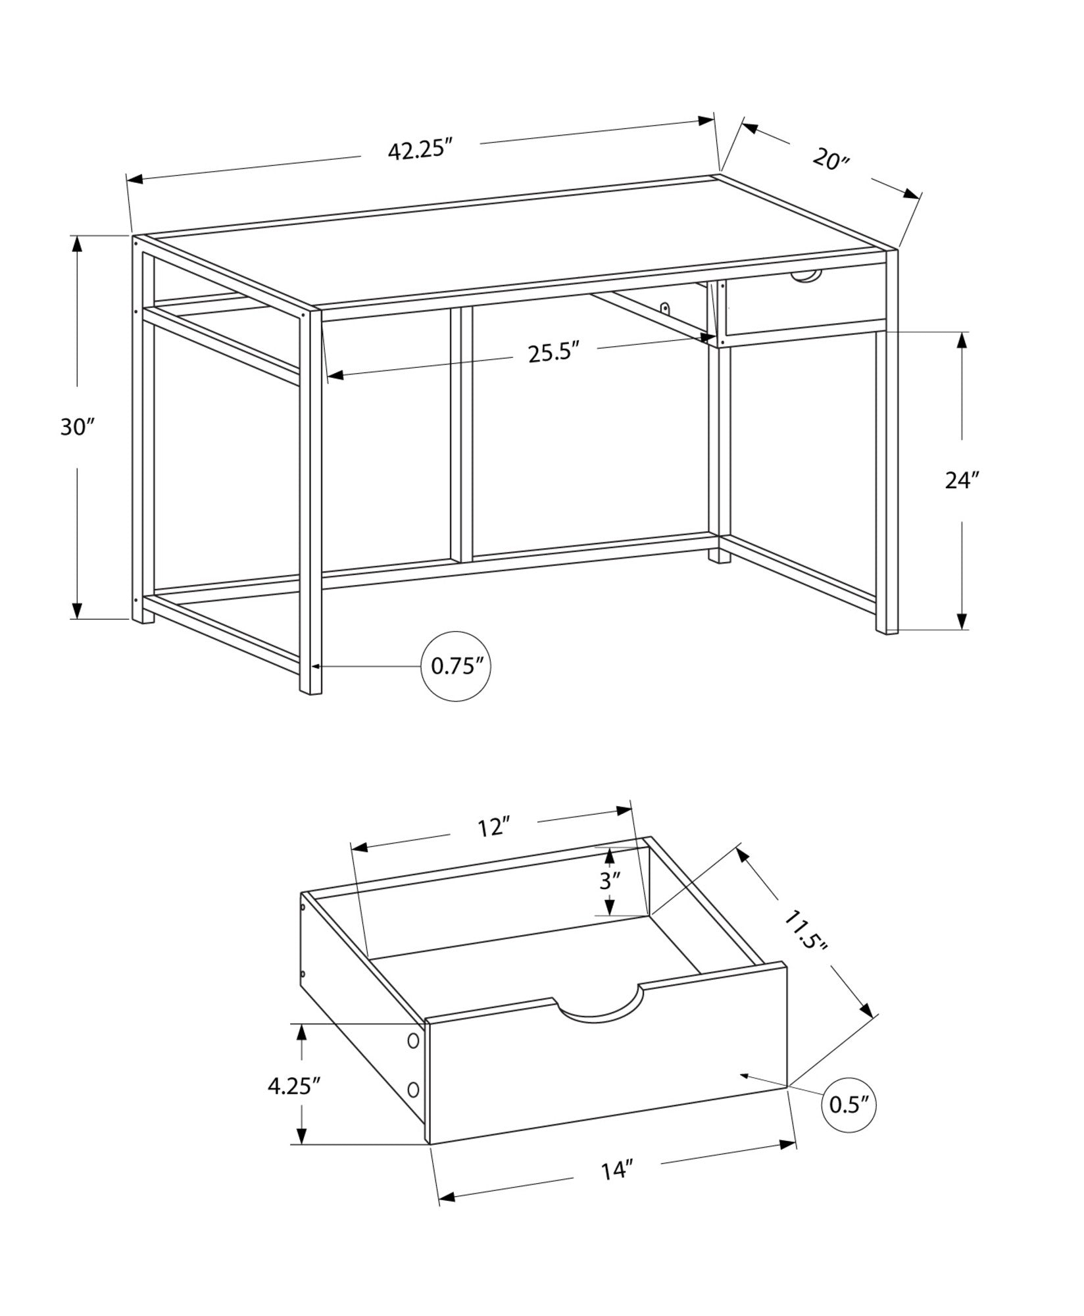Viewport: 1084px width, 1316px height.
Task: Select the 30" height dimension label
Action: [78, 427]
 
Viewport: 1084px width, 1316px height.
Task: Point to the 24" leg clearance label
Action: [962, 481]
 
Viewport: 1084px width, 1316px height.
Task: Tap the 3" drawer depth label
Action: [610, 881]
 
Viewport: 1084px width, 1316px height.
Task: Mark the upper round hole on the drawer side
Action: [413, 1059]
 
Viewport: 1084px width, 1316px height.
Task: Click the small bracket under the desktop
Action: [666, 307]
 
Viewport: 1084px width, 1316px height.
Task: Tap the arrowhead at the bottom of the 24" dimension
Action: [962, 621]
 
